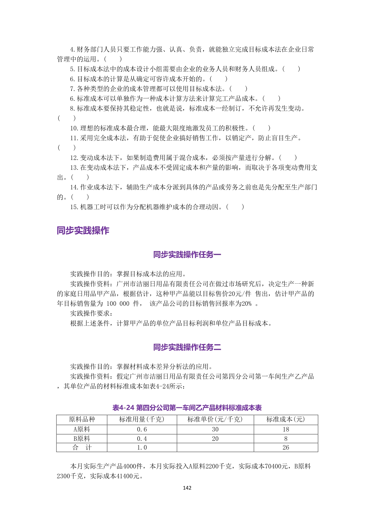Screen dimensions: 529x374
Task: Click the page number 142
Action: [187, 488]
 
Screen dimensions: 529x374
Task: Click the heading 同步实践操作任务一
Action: [187, 255]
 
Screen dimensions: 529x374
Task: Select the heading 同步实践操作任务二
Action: [187, 347]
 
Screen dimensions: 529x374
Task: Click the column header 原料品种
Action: [82, 419]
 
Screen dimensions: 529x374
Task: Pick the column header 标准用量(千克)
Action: [142, 419]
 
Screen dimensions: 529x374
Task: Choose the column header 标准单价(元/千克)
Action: [215, 419]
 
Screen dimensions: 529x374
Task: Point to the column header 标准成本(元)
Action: [286, 419]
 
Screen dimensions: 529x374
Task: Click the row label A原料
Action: [82, 429]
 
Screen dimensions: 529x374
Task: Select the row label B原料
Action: [82, 439]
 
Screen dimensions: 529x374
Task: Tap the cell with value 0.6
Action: [142, 429]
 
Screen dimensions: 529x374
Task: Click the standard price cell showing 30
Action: [215, 429]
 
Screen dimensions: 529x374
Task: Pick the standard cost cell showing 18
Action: [286, 429]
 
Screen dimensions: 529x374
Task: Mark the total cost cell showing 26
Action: [286, 448]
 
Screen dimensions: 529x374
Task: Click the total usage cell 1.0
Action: [142, 448]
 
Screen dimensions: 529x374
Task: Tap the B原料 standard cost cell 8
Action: [286, 439]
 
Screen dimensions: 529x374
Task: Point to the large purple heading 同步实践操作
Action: [83, 231]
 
